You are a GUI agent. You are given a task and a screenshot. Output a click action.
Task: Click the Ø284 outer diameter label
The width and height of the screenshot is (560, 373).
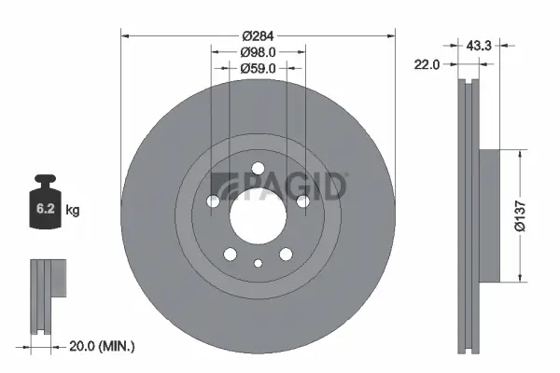(x=257, y=36)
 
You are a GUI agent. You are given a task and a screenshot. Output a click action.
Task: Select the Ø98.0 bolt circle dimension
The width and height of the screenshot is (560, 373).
(x=257, y=52)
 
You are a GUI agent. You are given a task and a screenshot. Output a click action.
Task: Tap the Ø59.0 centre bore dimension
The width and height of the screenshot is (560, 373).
(x=257, y=68)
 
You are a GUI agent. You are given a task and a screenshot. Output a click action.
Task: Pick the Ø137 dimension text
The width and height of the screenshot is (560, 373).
(x=531, y=215)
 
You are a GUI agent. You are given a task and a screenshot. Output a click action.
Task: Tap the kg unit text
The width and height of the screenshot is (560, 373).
(x=72, y=211)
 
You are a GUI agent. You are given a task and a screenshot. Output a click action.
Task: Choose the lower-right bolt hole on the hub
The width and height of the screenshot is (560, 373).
(x=285, y=254)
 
